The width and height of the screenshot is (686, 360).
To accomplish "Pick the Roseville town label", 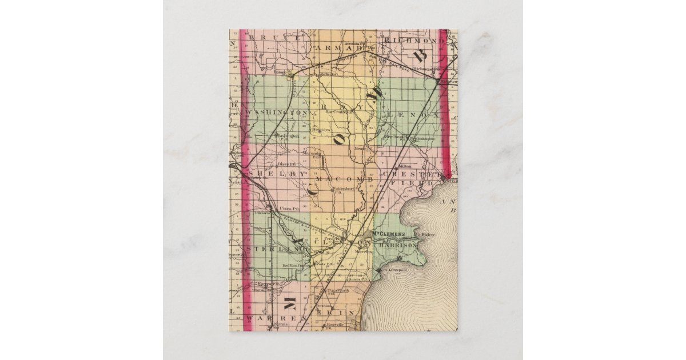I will click(334, 325).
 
